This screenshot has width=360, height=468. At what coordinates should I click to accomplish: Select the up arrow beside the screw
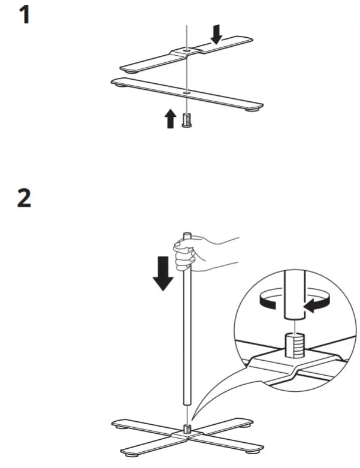tap(171, 118)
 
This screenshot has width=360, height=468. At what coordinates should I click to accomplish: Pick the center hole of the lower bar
tap(187, 92)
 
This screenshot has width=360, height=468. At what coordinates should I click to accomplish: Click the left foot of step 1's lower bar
tap(122, 85)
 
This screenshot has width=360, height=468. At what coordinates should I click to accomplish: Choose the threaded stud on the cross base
tap(187, 427)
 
